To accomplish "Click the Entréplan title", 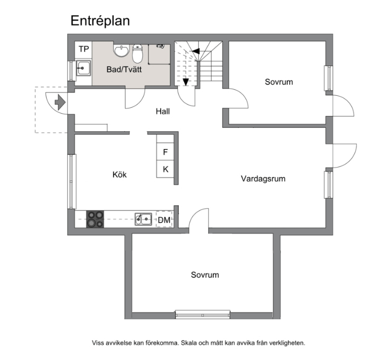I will pos(100,21).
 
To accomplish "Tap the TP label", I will pos(83,49).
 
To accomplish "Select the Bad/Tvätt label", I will pos(124,69).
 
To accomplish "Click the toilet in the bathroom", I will pos(138,53).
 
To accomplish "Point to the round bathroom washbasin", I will pos(122,51).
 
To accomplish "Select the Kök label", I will pos(119,174).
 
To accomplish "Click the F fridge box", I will pos(165,152).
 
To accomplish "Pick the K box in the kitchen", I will pos(165,169).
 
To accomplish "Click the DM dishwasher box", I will pos(164,220).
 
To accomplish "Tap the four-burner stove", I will pos(95,219).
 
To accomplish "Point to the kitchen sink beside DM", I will pos(143,219).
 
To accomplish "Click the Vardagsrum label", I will pos(263,179).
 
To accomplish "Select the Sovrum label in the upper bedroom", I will pos(278,82).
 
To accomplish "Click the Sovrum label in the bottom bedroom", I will pos(204,275).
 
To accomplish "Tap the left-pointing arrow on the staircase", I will pos(196,51).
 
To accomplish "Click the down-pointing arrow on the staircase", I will pos(186,81).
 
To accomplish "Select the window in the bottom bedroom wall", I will pos(203,316).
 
